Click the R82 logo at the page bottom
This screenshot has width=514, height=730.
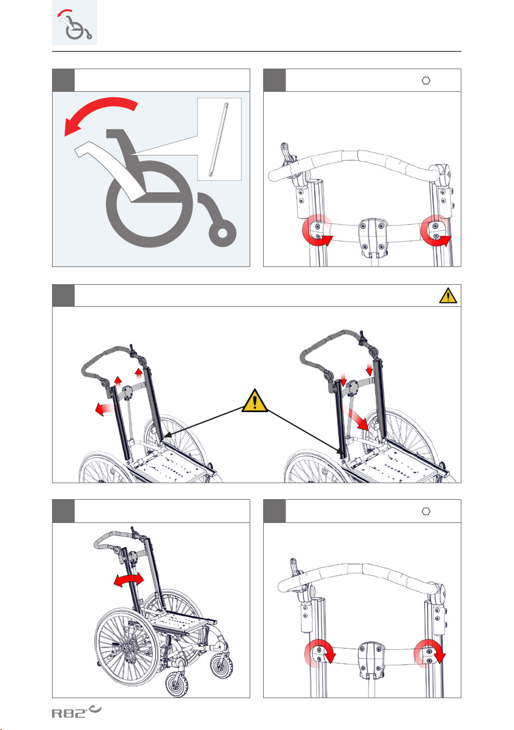click(76, 712)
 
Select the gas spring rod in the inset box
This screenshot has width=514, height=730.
click(219, 139)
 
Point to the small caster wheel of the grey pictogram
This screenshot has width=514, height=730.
click(222, 231)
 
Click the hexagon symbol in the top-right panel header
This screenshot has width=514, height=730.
click(426, 81)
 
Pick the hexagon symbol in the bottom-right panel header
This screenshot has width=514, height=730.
click(426, 511)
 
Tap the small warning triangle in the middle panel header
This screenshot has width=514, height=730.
click(448, 296)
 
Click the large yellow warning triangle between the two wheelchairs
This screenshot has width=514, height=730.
click(255, 401)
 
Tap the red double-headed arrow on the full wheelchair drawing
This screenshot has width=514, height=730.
click(129, 580)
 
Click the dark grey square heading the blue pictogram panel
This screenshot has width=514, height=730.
click(63, 80)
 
